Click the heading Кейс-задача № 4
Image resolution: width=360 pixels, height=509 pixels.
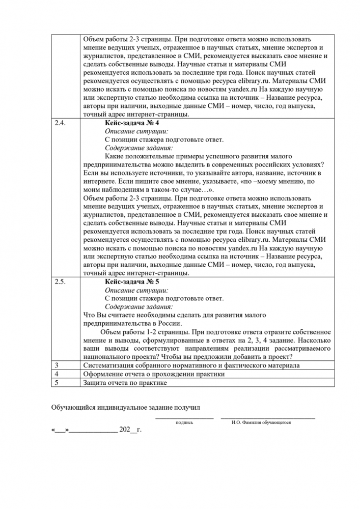tap(132, 124)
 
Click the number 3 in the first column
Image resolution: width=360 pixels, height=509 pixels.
tap(56, 365)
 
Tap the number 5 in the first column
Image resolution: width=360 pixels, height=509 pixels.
tap(56, 382)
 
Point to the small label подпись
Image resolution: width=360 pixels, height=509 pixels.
tap(184, 422)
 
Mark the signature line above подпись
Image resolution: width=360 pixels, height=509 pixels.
tap(184, 418)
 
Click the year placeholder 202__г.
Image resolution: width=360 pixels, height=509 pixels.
tap(130, 430)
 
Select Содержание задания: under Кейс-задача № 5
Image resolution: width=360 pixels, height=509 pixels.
tap(139, 307)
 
